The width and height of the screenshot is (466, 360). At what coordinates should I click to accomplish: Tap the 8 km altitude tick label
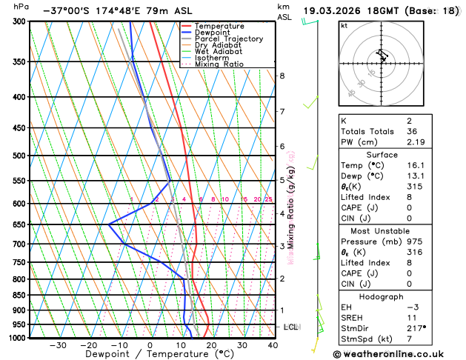[282, 76]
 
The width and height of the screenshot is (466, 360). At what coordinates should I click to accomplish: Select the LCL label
[291, 327]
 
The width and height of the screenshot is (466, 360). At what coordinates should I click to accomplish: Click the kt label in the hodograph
[344, 25]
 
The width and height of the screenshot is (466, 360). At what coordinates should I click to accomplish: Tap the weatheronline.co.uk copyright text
[399, 354]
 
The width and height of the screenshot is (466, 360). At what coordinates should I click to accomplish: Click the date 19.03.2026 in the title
[339, 11]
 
